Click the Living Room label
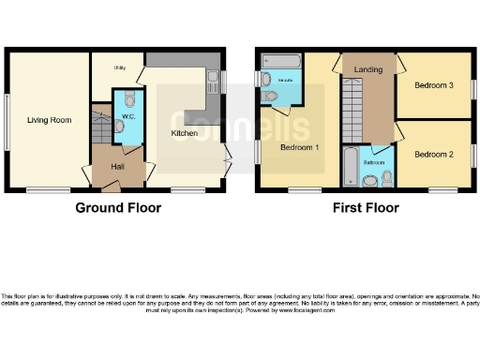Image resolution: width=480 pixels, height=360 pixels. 50,120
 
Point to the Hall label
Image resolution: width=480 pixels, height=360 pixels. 117,166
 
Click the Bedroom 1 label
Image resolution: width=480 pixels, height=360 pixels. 300,147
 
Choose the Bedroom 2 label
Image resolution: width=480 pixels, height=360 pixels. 434,154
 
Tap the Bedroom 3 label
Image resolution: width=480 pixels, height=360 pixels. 434,86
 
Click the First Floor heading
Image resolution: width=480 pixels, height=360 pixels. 367,208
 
